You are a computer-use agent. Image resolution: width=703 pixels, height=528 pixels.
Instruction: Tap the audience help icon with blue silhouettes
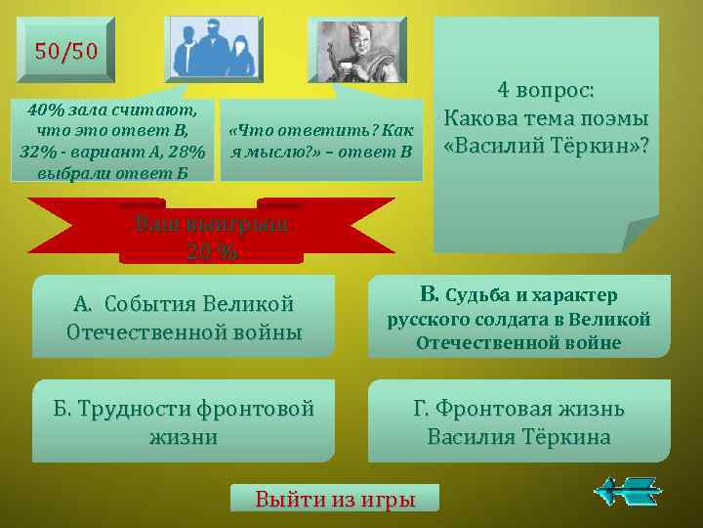[214, 49]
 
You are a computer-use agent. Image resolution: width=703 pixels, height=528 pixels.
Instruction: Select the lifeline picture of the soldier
[355, 49]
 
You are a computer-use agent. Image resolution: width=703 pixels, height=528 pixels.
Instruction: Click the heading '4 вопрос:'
[545, 91]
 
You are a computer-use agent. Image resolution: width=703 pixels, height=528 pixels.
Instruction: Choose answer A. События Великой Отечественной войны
[184, 317]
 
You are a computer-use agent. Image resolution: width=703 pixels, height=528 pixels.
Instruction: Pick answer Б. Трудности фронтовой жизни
[184, 421]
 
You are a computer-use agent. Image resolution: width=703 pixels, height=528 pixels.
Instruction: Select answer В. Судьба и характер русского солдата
[518, 317]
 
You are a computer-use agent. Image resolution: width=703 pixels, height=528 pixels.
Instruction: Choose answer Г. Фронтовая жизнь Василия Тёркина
[518, 421]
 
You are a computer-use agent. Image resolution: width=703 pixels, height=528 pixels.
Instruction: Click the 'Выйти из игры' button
[335, 499]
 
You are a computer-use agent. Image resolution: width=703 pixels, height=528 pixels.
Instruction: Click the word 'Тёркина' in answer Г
[567, 436]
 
